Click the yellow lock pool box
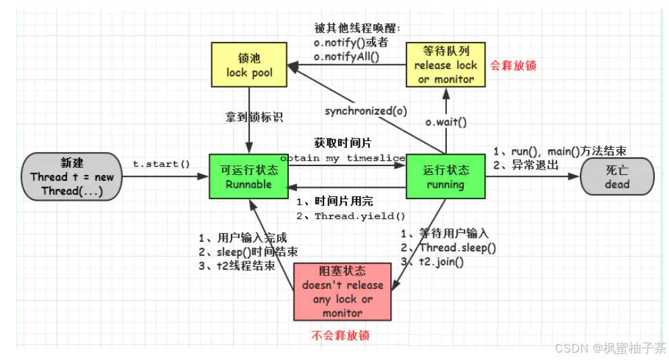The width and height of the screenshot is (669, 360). (249, 65)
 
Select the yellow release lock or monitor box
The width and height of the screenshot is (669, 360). (445, 65)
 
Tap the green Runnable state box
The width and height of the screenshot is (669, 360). (248, 176)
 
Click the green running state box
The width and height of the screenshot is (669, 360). (445, 176)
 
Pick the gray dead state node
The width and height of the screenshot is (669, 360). (617, 176)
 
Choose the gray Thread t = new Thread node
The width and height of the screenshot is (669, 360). (72, 176)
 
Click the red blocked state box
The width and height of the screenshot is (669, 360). (342, 291)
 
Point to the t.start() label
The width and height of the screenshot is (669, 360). (161, 164)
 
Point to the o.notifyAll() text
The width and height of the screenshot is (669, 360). (346, 57)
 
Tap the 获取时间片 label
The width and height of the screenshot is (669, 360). (342, 143)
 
